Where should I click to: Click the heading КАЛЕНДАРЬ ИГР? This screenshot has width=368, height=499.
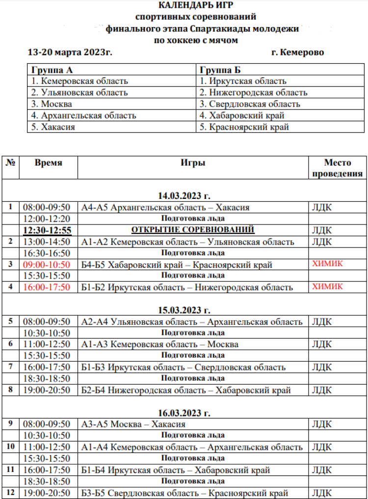coord(196,6)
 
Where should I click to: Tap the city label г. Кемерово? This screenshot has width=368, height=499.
coord(297,52)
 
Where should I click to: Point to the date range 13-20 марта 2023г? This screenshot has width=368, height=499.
coord(70,52)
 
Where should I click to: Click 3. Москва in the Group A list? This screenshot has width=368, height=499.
coord(51,104)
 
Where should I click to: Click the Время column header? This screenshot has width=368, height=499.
coord(48,163)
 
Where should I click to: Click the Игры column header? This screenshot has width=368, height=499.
coord(193,163)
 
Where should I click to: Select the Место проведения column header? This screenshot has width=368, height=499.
coord(337,168)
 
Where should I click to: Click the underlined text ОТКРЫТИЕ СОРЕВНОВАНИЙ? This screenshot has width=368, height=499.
coord(193,230)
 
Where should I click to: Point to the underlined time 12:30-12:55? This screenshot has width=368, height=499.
coord(47,230)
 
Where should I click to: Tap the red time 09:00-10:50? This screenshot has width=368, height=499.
coord(47,264)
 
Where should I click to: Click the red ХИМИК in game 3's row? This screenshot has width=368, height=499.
coord(327,264)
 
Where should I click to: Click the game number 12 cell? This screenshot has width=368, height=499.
coord(10,493)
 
